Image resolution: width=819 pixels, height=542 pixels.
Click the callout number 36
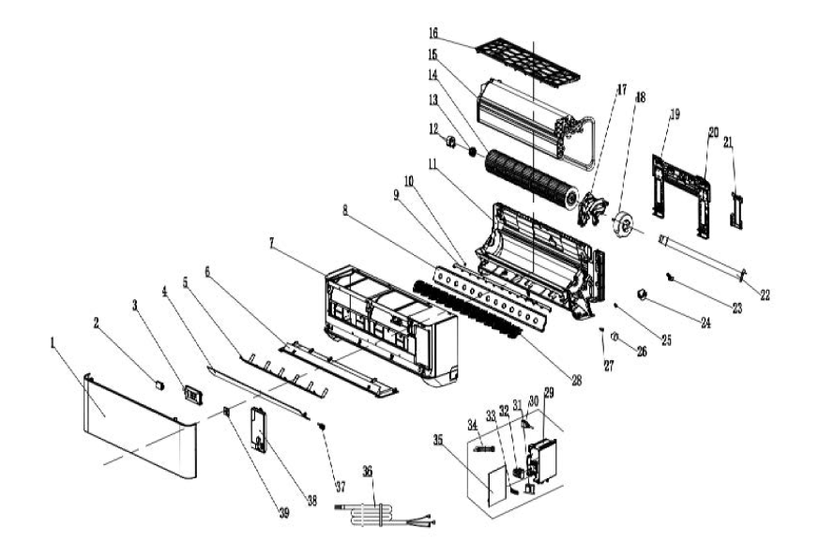click(x=367, y=473)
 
